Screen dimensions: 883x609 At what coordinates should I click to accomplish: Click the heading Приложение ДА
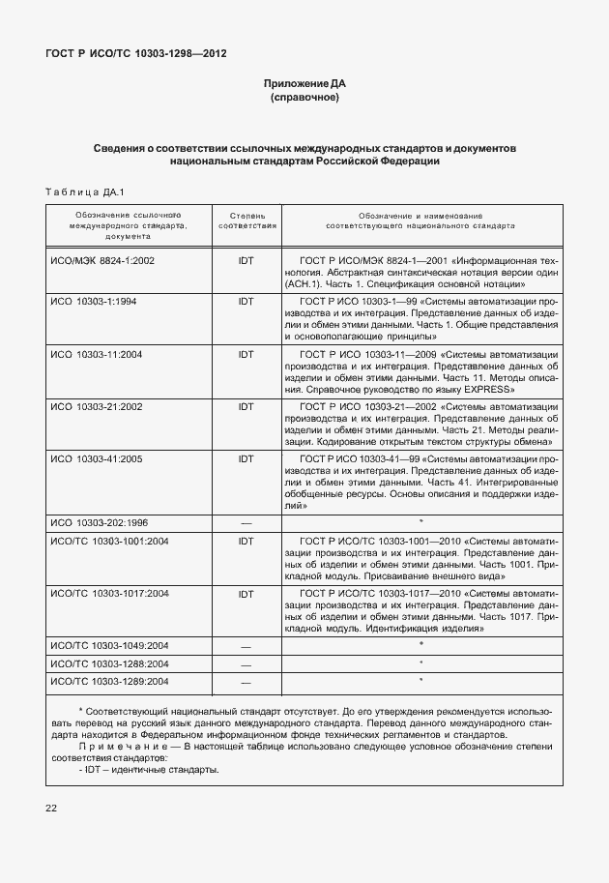click(304, 84)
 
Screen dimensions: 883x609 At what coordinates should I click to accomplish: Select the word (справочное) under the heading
click(304, 99)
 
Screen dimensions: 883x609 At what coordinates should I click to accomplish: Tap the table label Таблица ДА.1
click(85, 191)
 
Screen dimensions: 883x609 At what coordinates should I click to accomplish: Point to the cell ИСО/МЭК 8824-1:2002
click(102, 261)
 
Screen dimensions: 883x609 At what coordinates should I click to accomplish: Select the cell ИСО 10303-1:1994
click(94, 302)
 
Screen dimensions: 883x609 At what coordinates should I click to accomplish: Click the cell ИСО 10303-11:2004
click(97, 355)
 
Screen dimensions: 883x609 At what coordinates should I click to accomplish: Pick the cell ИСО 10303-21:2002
click(97, 406)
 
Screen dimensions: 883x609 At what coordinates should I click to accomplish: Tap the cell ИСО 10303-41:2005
click(97, 458)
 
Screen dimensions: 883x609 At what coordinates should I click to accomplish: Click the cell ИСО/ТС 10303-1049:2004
click(109, 644)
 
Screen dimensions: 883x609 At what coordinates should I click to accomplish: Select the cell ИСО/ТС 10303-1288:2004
click(109, 663)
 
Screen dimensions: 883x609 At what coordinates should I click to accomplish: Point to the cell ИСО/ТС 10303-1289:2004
click(109, 682)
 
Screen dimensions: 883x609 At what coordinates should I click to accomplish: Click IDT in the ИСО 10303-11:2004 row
click(246, 355)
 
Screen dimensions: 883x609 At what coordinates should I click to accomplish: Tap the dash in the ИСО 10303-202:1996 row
click(246, 523)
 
